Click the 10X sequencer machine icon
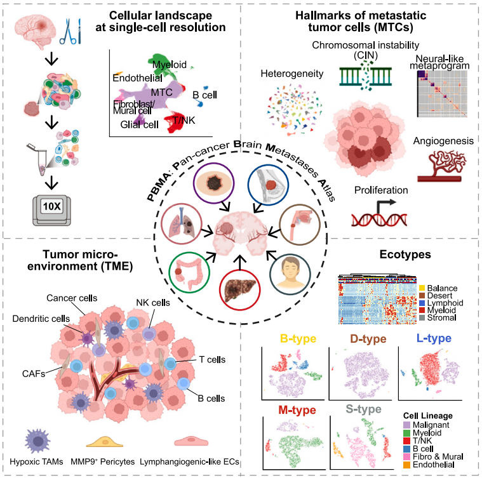(x=51, y=210)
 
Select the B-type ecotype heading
(x=298, y=338)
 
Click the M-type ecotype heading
(x=297, y=410)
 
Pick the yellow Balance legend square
(x=422, y=288)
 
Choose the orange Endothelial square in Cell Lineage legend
(x=406, y=465)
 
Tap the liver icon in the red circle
(x=240, y=289)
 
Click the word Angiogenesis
(x=443, y=141)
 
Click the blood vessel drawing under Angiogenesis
(x=442, y=166)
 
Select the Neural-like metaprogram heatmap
(x=443, y=94)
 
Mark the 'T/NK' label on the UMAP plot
(x=184, y=120)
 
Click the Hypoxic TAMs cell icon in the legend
(x=37, y=441)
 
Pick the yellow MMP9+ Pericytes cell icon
(x=105, y=441)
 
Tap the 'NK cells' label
(x=153, y=303)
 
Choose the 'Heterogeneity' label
(x=291, y=74)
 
